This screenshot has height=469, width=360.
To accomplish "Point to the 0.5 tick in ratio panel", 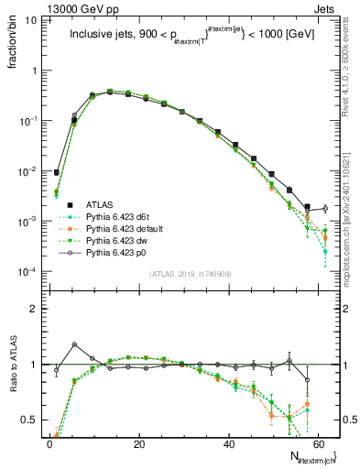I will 30,420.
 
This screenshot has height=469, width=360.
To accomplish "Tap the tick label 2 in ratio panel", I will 35,309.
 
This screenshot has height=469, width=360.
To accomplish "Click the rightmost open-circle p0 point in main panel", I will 325,209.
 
